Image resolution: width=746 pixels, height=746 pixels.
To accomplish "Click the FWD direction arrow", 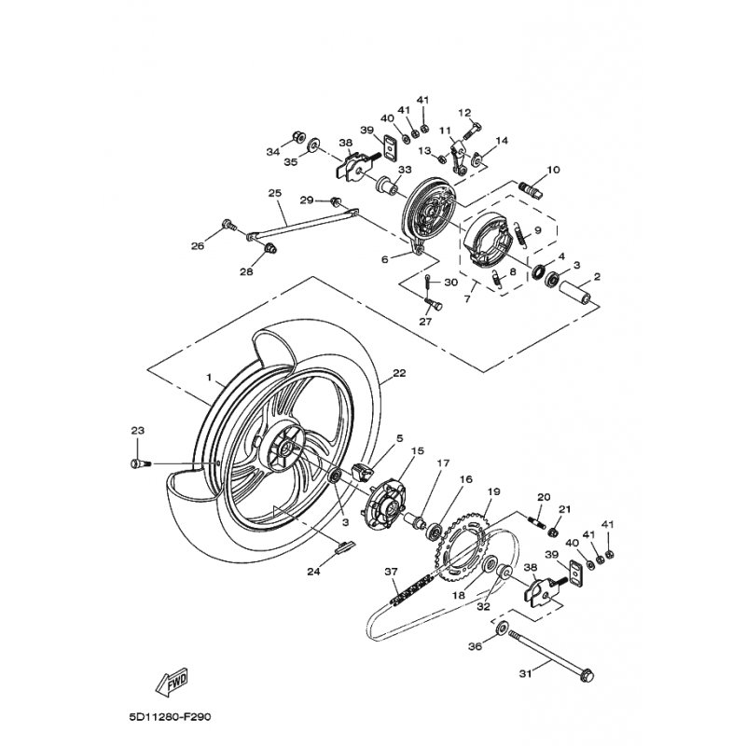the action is click(x=172, y=682).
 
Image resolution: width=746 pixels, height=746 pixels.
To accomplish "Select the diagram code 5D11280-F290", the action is click(x=170, y=716).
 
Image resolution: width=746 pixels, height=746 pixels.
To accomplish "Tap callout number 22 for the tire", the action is click(x=399, y=373).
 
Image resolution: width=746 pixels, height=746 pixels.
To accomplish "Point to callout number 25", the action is click(x=275, y=193).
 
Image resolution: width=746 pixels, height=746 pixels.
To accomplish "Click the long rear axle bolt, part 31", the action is click(x=551, y=655).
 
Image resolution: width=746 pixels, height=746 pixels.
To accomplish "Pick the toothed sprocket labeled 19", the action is click(x=463, y=549).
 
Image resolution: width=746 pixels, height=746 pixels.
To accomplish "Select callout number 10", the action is click(x=553, y=170).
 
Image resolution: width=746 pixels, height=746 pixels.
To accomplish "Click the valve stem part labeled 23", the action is click(x=140, y=463).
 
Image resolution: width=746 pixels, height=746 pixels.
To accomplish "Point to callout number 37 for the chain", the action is click(x=391, y=572).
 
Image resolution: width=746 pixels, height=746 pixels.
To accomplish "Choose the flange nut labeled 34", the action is click(x=299, y=136).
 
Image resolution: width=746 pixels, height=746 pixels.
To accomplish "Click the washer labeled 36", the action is click(x=502, y=629).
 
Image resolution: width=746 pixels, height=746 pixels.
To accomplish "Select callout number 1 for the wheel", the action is click(x=208, y=378).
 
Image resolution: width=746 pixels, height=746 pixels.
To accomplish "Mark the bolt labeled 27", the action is click(x=433, y=302).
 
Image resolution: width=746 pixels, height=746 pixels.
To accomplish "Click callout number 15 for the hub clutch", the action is click(x=417, y=450).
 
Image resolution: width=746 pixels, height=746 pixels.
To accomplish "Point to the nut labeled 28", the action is click(x=271, y=248).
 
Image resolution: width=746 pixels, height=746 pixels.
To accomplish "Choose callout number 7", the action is click(x=467, y=299).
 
